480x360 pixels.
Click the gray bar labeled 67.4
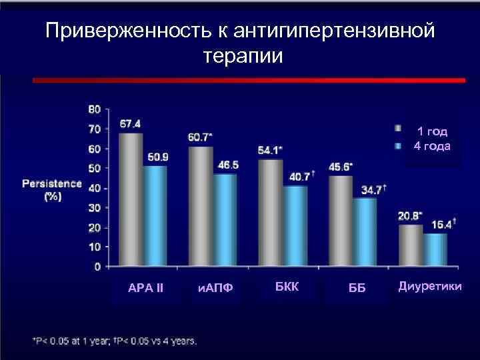click(x=131, y=200)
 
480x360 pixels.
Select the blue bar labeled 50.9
click(x=155, y=216)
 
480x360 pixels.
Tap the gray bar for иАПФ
click(x=201, y=207)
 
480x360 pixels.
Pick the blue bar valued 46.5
click(x=225, y=221)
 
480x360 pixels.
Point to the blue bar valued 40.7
click(x=294, y=227)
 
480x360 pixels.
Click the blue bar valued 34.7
click(x=365, y=233)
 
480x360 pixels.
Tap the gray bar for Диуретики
click(x=411, y=246)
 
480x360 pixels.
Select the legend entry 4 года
click(x=431, y=146)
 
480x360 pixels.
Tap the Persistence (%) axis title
click(x=51, y=189)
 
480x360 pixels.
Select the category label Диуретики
click(x=429, y=287)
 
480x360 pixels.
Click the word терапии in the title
click(x=242, y=56)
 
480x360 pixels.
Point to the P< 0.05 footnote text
click(x=114, y=341)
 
